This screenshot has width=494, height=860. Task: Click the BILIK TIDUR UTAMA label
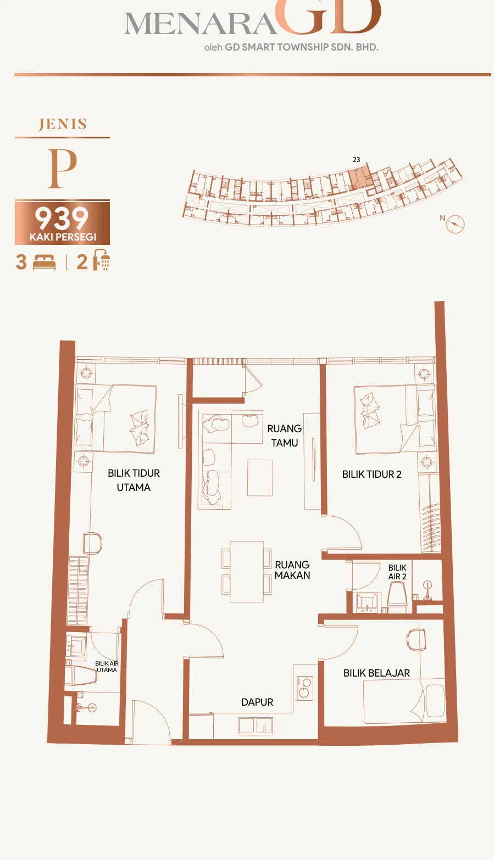[134, 480]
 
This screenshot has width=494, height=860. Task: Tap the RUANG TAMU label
[285, 435]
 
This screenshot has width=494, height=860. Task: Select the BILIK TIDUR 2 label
[372, 474]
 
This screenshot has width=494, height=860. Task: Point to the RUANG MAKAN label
[292, 569]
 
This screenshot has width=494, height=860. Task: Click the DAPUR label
[257, 702]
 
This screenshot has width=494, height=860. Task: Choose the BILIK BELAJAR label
[376, 673]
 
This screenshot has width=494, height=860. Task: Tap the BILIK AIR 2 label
[397, 572]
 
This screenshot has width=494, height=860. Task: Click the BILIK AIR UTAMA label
[107, 667]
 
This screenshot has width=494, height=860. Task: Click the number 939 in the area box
[62, 219]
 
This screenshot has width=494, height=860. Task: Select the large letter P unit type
[62, 168]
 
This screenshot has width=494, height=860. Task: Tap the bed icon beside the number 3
[44, 263]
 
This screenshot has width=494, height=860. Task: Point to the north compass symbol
[455, 224]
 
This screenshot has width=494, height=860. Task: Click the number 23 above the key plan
[357, 160]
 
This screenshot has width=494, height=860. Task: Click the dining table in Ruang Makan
[247, 572]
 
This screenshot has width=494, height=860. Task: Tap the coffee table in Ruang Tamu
[260, 478]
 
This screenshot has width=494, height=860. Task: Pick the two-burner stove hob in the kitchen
[304, 688]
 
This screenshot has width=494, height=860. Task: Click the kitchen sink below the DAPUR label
[256, 726]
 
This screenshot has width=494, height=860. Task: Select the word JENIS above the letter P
[63, 125]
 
